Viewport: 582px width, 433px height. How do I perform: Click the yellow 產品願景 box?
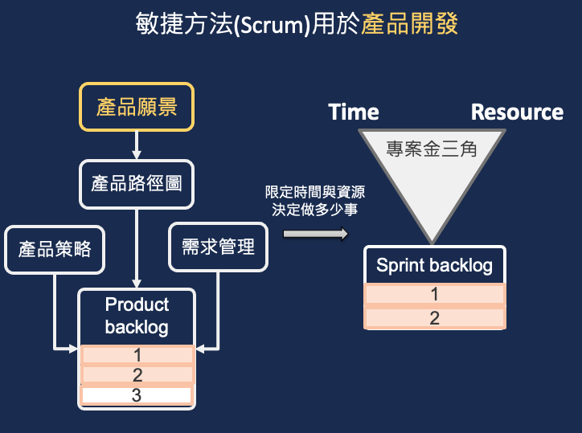point(137,107)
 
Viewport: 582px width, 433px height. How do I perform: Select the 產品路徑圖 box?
point(137,184)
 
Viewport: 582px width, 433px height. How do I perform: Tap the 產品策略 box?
point(55,250)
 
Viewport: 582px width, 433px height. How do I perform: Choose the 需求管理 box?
point(219,247)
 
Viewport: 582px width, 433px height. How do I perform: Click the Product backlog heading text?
point(137,316)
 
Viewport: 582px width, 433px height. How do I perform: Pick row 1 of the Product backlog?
point(137,355)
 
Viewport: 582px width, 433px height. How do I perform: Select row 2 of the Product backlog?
point(137,374)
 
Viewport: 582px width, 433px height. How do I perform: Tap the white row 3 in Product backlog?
point(137,395)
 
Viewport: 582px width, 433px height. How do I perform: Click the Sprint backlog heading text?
point(434,266)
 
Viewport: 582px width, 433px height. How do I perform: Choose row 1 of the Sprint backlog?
point(435,294)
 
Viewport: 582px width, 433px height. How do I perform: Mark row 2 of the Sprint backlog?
point(435,318)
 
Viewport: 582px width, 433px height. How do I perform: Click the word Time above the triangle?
point(354,112)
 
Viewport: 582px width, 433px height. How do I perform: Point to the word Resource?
point(517,112)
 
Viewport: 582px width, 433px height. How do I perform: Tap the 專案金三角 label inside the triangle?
point(432,149)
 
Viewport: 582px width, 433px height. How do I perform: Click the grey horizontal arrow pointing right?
point(316,234)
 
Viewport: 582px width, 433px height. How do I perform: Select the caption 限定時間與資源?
point(315,192)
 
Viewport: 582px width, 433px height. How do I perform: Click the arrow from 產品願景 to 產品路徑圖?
point(137,145)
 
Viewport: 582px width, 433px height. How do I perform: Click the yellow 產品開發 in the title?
point(409,24)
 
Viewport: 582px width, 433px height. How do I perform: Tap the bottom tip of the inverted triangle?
point(432,243)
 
